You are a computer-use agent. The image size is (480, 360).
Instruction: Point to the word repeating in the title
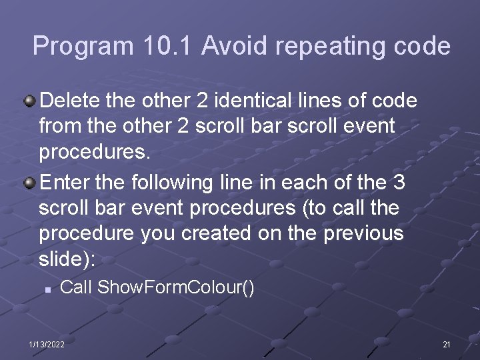click(325, 47)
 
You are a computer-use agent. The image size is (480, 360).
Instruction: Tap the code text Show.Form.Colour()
click(176, 288)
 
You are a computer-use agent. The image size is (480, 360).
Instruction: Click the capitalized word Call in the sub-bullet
click(76, 288)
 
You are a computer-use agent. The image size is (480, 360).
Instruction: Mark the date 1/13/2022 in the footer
click(47, 344)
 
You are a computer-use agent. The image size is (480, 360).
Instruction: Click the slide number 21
click(447, 344)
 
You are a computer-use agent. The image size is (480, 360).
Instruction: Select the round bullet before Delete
click(30, 101)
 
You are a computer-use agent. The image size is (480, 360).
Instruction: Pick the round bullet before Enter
click(30, 183)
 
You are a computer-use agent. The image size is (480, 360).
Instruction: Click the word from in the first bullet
click(55, 126)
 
